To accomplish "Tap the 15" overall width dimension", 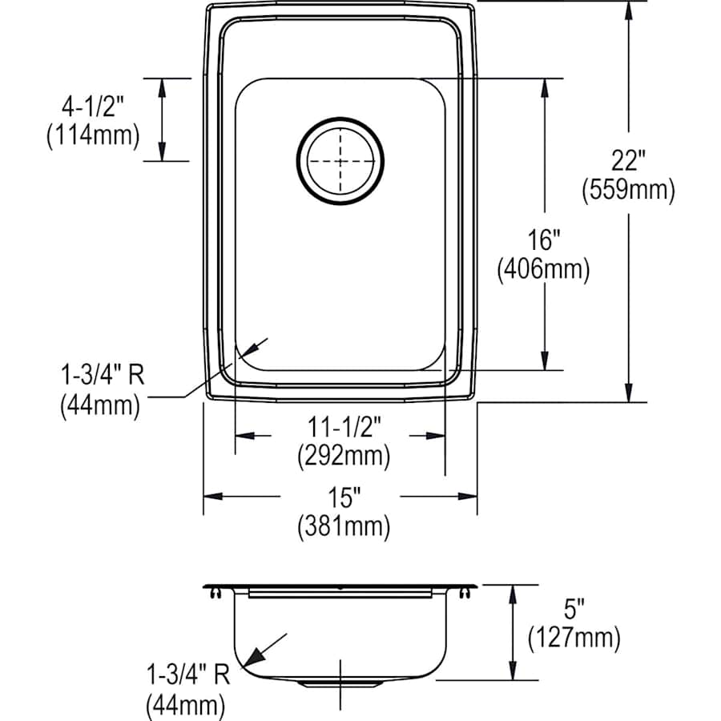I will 341,497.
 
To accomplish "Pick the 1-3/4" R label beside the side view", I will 187,675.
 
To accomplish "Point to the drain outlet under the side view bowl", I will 340,684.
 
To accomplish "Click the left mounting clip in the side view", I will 215,593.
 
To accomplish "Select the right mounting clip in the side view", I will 465,593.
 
